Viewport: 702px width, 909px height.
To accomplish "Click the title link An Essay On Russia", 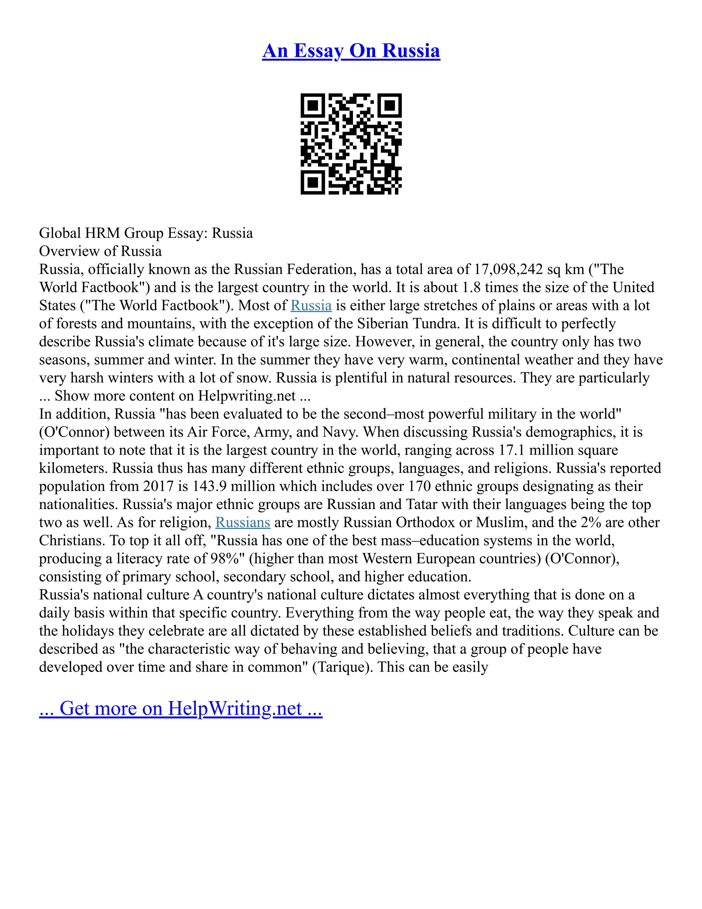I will coord(351,51).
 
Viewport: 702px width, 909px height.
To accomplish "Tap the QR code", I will coord(351,144).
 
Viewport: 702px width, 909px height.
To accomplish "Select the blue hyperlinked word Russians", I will coord(243,522).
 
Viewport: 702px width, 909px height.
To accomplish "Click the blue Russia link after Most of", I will coord(311,306).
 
